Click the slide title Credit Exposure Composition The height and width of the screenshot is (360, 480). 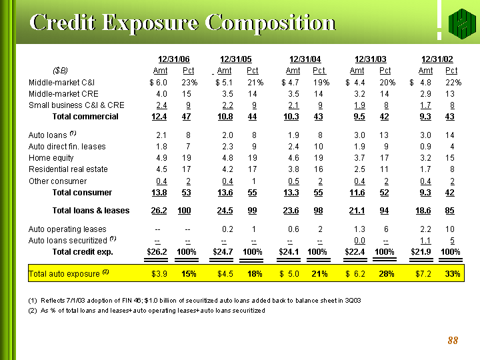[x=182, y=22]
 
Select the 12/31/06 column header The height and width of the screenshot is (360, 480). [x=173, y=59]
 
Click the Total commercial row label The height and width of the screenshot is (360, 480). [x=85, y=117]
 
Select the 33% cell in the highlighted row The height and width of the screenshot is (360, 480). [x=452, y=274]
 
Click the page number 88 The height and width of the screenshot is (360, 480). [x=453, y=341]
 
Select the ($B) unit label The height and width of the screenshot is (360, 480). [x=60, y=71]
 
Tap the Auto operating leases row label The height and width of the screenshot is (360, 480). [x=67, y=229]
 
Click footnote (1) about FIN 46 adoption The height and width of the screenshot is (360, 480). [x=194, y=301]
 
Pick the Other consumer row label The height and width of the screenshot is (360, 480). [x=57, y=181]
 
